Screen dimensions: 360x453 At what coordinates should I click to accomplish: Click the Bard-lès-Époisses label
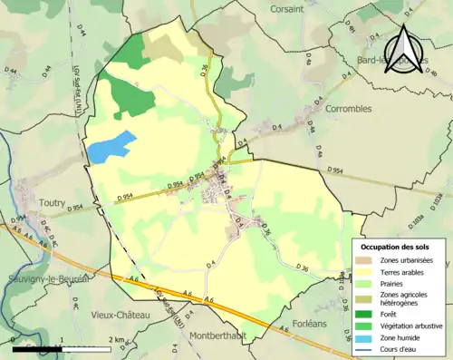pos(394,61)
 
